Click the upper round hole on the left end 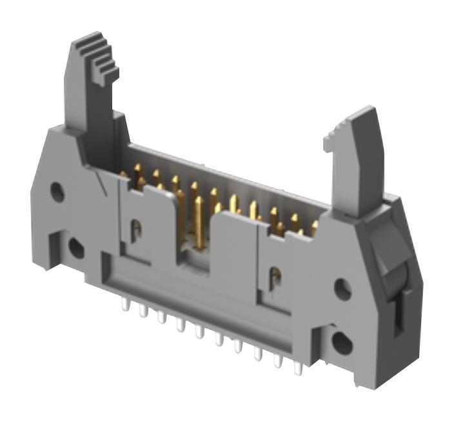(x=58, y=191)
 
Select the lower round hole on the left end (x=75, y=248)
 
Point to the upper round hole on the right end (x=343, y=289)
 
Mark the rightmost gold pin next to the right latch (x=315, y=228)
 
